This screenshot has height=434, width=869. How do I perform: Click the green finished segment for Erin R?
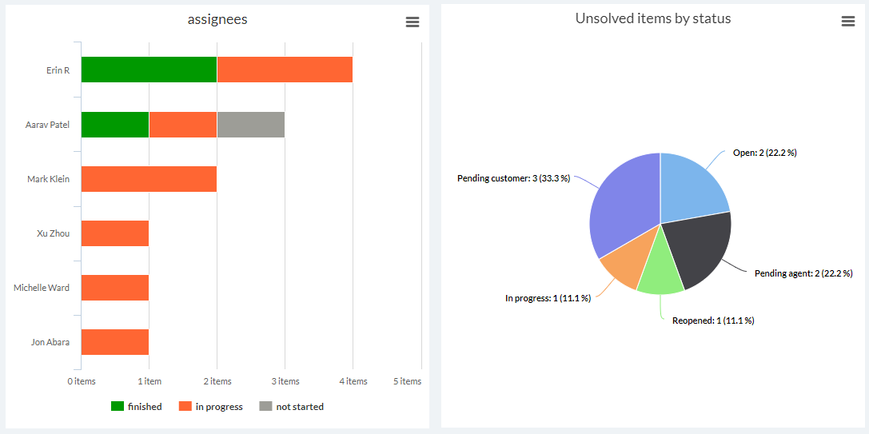pos(149,70)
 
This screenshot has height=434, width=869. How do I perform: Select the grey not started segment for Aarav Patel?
pos(250,125)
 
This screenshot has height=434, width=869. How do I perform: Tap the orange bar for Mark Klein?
pos(149,179)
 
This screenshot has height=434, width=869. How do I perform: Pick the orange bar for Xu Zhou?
pos(115,233)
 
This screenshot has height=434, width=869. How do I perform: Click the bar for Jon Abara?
pos(115,342)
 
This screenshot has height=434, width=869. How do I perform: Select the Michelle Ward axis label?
pos(42,288)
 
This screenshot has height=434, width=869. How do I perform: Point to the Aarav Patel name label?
pos(47,125)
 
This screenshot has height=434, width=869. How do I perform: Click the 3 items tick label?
pos(285,381)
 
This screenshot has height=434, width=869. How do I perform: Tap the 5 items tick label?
pos(407,381)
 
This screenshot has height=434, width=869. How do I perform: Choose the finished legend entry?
pos(137,407)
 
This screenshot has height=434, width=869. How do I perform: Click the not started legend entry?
pos(292,407)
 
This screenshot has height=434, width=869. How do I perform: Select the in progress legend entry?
pos(211,407)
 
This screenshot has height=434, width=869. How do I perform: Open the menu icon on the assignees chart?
pos(413,22)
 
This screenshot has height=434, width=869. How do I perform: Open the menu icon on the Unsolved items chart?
pos(848,22)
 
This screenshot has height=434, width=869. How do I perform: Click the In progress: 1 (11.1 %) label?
pos(548,298)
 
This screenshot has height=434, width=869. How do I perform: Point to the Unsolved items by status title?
pos(653,18)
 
